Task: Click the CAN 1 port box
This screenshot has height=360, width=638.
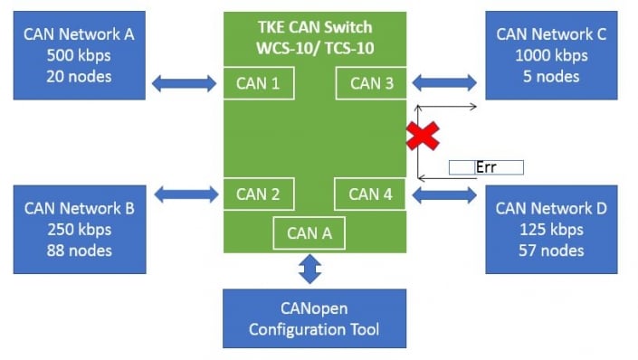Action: (x=257, y=84)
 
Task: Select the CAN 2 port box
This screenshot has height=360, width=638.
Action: (x=257, y=194)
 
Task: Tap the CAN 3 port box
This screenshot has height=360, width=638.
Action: (x=371, y=84)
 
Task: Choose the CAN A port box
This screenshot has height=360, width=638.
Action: (x=309, y=233)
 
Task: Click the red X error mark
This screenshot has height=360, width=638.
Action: (x=422, y=136)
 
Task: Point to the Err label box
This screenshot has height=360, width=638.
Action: (x=486, y=167)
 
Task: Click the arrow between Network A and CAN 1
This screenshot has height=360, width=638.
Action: (x=184, y=84)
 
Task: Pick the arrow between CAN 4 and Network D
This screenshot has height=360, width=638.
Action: (x=444, y=193)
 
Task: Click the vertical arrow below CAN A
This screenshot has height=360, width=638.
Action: (x=309, y=269)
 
